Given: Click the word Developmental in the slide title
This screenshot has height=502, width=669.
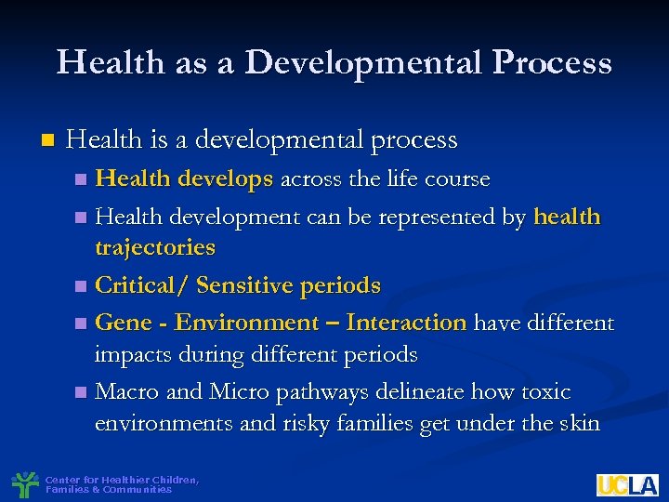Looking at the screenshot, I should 362,62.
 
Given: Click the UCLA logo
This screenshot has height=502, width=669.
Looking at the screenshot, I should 627,484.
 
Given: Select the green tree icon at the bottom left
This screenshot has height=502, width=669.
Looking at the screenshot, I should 24,483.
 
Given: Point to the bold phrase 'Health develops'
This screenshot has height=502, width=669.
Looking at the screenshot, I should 184,178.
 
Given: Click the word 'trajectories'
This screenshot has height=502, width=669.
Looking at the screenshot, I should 154,247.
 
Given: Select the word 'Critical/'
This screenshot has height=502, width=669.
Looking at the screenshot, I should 141,285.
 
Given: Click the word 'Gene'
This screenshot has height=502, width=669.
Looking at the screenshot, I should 123,323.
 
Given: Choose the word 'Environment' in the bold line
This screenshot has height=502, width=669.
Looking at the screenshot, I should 246,323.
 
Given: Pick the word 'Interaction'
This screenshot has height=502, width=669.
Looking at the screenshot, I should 406,323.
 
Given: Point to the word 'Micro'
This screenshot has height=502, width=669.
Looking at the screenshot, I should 240,391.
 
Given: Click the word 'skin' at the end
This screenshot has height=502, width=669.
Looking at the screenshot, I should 580,424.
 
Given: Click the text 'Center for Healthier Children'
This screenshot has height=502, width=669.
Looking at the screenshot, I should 121,480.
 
